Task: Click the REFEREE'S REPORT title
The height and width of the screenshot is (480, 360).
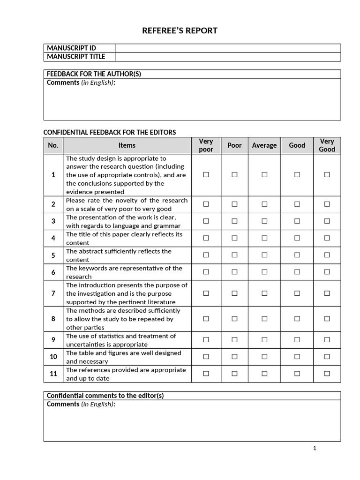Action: pos(180,31)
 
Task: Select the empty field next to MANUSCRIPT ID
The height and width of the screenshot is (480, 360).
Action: pos(228,48)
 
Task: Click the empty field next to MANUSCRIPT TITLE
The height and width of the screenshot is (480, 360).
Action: pos(228,57)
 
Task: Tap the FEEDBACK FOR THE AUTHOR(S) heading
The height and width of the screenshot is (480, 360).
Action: pos(94,74)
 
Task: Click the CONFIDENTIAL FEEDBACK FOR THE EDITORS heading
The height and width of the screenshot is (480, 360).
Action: pos(110,133)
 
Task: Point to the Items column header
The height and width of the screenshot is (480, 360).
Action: pos(127,145)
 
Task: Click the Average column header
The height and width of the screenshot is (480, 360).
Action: pos(264,145)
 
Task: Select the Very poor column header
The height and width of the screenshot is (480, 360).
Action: pos(206,145)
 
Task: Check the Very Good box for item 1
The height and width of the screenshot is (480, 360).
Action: pos(327,175)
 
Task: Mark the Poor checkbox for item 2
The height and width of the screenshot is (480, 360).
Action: pos(234,204)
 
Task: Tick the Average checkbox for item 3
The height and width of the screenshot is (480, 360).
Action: pos(264,221)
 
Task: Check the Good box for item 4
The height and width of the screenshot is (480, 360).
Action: pos(297,238)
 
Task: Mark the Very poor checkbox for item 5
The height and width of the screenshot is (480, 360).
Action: pos(206,255)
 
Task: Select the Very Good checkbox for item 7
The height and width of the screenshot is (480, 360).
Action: pos(327,293)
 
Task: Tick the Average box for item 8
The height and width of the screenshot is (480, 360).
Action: pos(264,319)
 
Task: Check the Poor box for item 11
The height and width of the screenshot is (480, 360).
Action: pos(234,374)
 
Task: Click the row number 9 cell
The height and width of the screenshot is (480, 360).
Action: pos(53,340)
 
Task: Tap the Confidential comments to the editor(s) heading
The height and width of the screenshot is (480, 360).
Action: pos(105,396)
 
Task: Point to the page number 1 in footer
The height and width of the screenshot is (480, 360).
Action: pos(315,449)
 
